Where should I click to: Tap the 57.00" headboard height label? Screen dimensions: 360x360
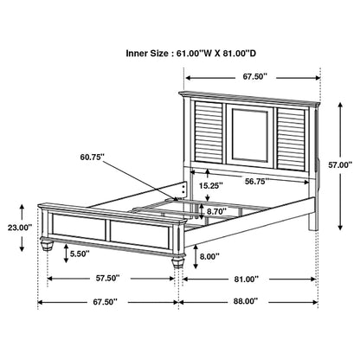[x=341, y=162]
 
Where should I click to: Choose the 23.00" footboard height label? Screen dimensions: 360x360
[x=18, y=252]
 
